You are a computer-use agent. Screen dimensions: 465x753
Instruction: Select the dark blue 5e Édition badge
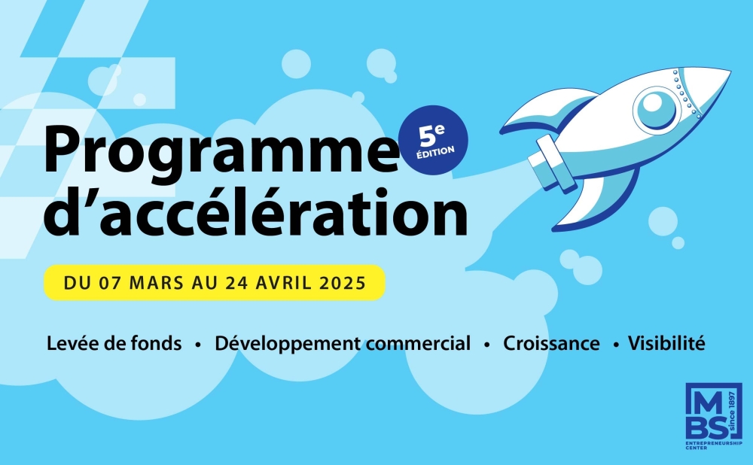435,140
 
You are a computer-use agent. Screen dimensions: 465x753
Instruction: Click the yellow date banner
215,283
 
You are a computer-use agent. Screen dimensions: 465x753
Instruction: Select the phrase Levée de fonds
114,344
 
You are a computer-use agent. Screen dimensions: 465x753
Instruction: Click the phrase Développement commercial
343,344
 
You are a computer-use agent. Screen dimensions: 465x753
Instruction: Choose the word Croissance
552,344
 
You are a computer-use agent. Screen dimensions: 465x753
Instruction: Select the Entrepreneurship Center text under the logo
713,448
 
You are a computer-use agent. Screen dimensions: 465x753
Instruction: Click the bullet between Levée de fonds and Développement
198,345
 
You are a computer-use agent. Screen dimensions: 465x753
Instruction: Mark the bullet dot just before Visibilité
616,345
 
